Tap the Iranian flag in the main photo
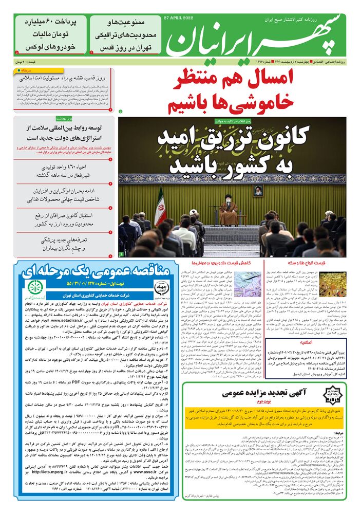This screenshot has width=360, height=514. [x=160, y=204]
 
